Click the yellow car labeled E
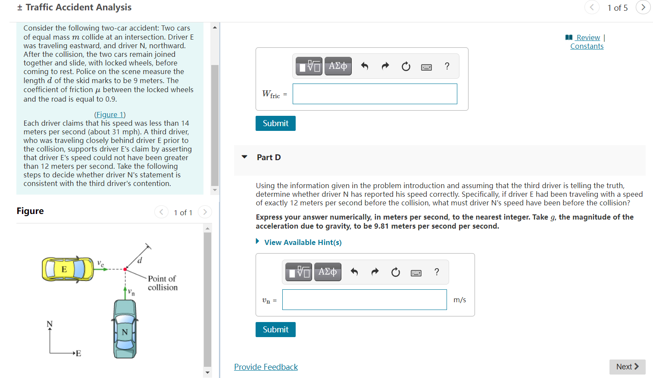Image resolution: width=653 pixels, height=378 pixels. coord(68,270)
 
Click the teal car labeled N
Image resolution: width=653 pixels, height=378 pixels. coord(125,329)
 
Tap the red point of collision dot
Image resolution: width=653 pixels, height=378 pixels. coord(125,270)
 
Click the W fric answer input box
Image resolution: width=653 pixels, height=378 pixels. coord(375,94)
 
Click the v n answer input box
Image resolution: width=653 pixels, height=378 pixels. coord(364,299)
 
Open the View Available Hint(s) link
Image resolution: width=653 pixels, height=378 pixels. coord(303,242)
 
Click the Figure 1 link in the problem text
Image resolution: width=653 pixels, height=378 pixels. coord(110,115)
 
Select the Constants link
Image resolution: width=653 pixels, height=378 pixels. coord(587,46)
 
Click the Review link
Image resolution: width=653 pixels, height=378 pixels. coord(588,37)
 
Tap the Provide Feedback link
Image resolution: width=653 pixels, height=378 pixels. coord(266,367)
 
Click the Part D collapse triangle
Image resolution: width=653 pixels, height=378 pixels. coord(244,157)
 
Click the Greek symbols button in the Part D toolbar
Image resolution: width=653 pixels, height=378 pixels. coord(328,272)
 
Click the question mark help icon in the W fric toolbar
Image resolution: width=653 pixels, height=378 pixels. coord(447,66)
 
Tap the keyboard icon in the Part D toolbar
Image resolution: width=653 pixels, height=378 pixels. coord(416,273)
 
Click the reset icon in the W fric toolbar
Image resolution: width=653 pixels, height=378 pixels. coord(406,67)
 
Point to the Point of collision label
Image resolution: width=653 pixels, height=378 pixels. coord(162,283)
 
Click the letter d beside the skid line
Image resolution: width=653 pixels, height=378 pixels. coord(140,260)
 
